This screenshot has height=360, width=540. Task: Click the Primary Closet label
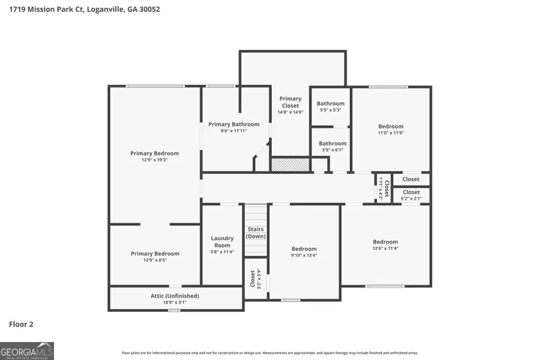tap(290, 102)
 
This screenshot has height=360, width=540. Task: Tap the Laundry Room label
tap(222, 242)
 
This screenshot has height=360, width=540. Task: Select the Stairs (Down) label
tap(256, 233)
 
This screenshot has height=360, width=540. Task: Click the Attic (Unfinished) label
tap(175, 296)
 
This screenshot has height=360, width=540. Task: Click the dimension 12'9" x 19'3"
tap(154, 160)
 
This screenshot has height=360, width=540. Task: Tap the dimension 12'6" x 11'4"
tap(385, 248)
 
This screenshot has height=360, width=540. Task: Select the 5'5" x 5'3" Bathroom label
tap(331, 104)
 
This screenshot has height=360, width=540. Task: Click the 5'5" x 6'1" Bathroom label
tap(332, 143)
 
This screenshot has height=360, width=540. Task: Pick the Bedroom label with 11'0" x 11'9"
tap(391, 127)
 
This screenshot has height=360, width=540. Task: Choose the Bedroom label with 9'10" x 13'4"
tap(304, 249)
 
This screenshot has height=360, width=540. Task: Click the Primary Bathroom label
tap(234, 124)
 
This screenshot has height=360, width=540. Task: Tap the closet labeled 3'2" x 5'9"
tap(253, 278)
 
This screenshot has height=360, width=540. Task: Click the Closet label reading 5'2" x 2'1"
tap(412, 192)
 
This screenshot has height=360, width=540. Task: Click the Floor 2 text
tap(21, 325)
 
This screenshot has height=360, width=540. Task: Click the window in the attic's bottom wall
tap(174, 310)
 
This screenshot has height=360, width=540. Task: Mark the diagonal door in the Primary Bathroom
tap(260, 150)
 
